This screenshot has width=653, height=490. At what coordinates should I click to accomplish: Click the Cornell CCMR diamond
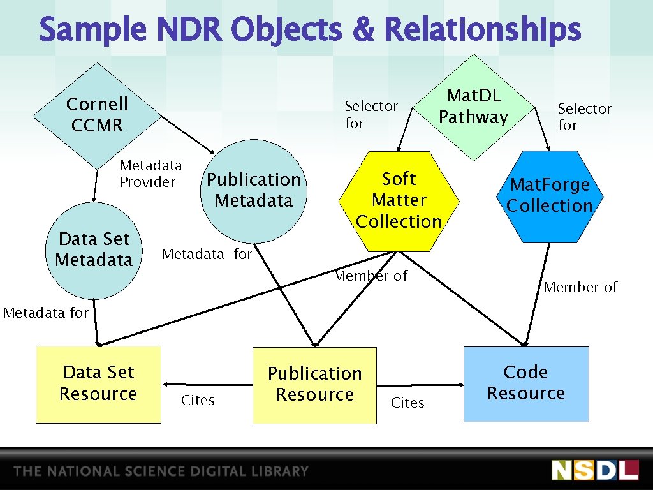click(96, 115)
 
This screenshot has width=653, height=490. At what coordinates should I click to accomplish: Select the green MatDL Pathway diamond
click(473, 107)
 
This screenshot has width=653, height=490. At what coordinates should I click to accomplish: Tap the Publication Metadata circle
click(253, 190)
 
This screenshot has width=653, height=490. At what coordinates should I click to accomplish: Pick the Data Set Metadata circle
click(94, 249)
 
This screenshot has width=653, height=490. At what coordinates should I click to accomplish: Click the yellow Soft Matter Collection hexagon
click(399, 200)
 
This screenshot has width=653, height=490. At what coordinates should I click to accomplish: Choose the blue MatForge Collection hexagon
click(549, 196)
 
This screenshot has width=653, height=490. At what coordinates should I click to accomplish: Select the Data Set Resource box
click(98, 383)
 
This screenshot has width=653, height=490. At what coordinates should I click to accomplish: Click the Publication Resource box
click(314, 385)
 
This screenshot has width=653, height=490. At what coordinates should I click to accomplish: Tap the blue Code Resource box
click(525, 383)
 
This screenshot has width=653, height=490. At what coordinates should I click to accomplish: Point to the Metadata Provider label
click(150, 174)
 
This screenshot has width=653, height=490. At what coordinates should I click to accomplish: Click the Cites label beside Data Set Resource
click(198, 401)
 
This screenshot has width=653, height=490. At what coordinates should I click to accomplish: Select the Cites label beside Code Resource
click(407, 403)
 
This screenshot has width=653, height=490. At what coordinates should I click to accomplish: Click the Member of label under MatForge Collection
click(580, 288)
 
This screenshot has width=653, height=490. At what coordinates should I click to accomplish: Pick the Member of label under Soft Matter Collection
click(371, 276)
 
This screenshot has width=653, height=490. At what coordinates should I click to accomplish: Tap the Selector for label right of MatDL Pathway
click(584, 117)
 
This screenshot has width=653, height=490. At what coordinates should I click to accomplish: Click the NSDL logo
click(594, 470)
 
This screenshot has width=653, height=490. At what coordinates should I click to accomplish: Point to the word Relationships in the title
click(483, 30)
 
